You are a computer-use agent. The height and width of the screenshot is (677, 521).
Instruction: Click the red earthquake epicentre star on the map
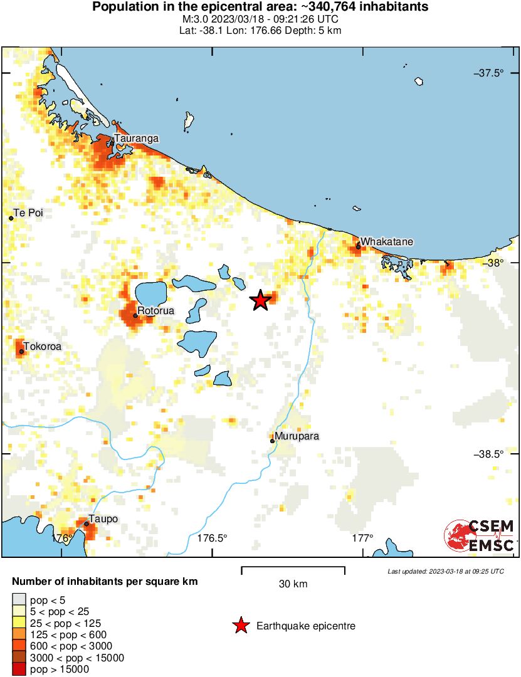coord(260,301)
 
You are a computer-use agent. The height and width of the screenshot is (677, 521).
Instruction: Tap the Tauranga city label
coord(136,139)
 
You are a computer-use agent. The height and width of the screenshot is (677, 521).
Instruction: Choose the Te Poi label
coord(29,213)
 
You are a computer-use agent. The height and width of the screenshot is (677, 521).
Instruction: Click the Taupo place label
coord(103,518)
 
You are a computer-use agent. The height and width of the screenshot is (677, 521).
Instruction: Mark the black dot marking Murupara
coord(272,441)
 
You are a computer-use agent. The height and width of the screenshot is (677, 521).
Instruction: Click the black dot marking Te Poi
coord(11,218)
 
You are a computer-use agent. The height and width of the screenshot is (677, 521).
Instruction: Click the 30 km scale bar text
coord(293,584)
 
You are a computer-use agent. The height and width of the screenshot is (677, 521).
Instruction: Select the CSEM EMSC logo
coord(480,536)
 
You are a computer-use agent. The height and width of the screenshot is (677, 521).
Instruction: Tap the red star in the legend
coord(240,626)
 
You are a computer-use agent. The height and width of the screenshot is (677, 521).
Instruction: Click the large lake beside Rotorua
coord(151,293)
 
